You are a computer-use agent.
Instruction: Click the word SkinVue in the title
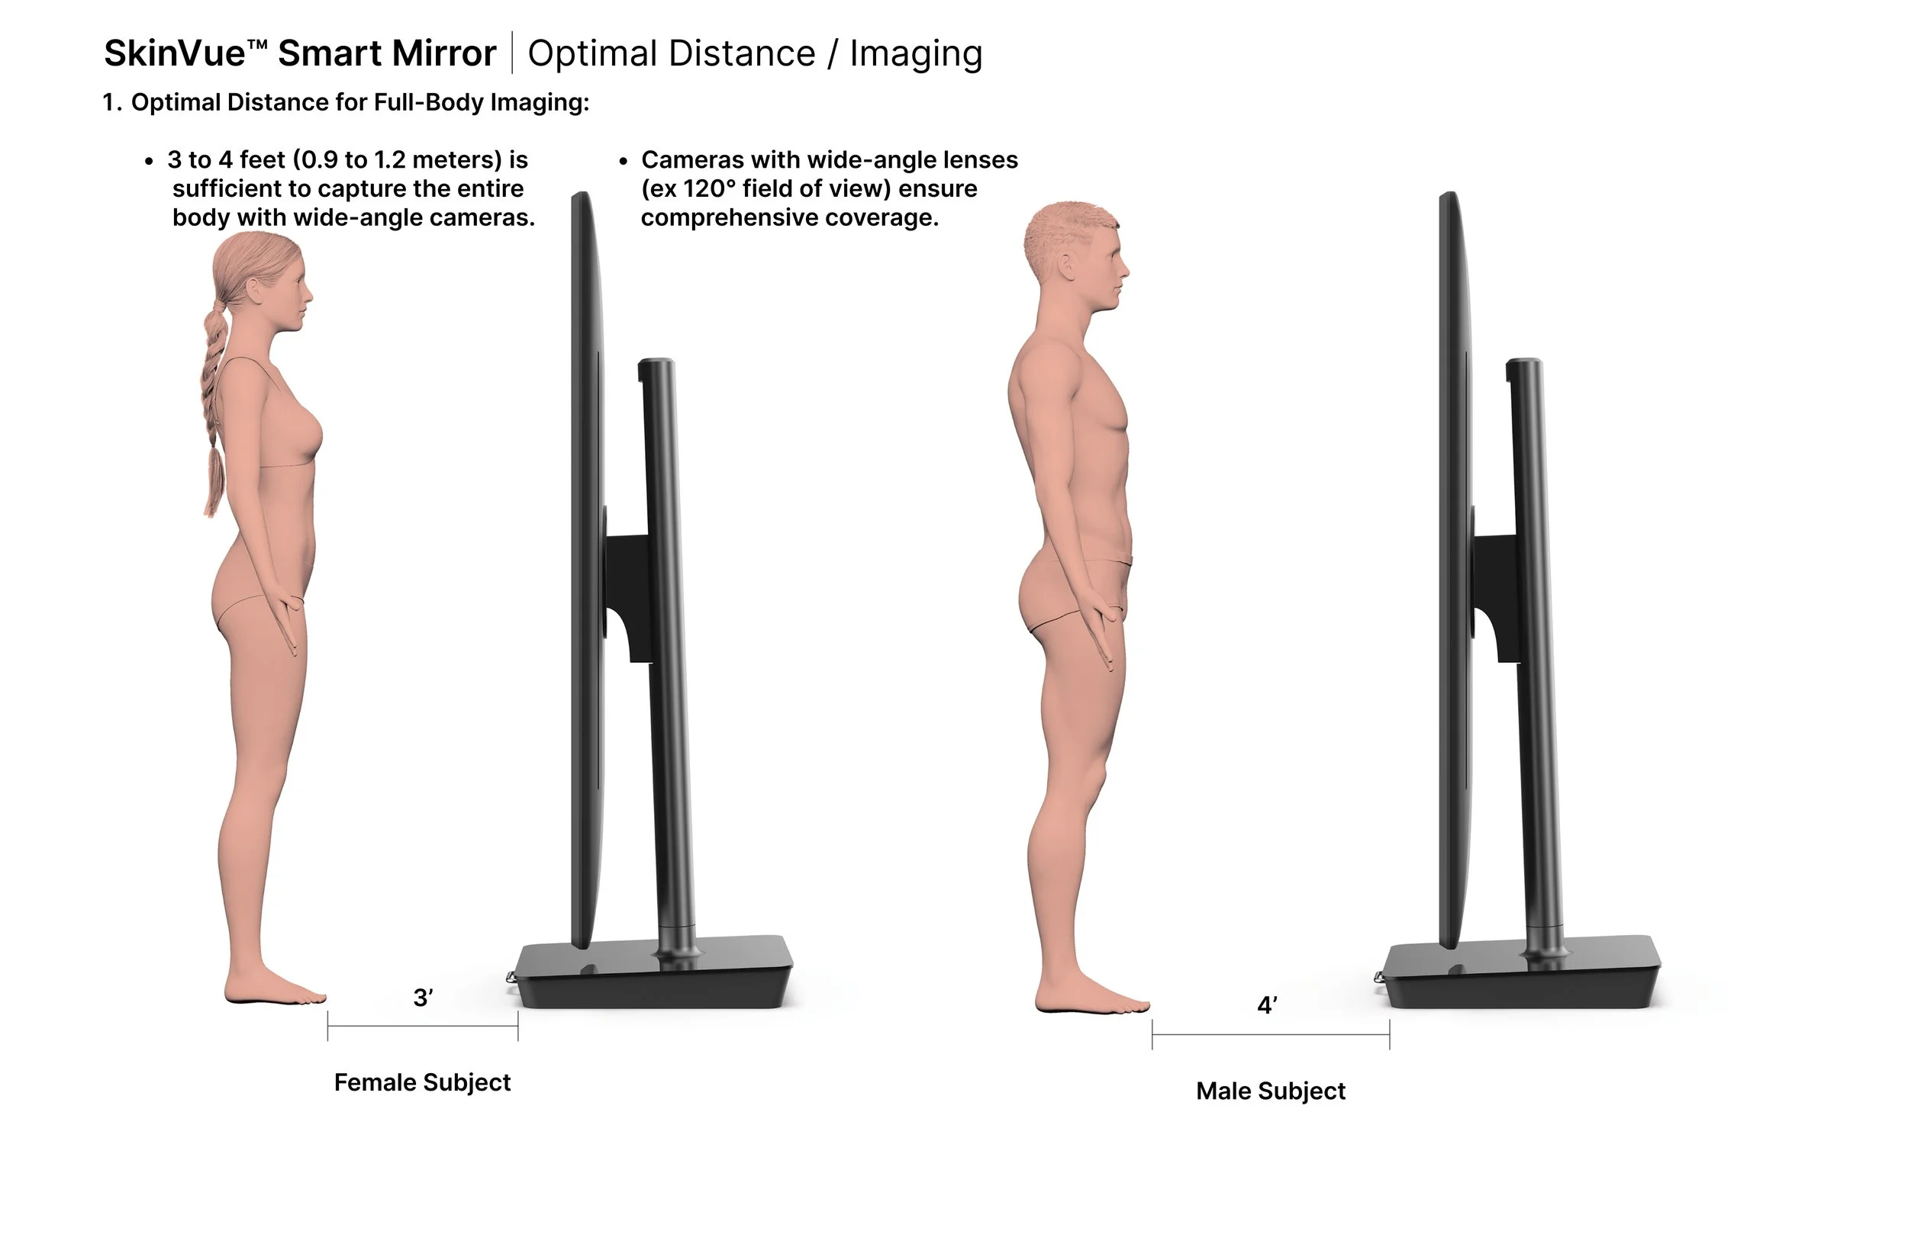(x=175, y=53)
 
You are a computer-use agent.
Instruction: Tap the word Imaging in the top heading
(x=916, y=53)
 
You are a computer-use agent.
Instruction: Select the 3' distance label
(x=423, y=998)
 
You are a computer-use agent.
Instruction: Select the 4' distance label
(x=1267, y=1006)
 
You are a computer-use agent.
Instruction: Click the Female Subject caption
(x=422, y=1082)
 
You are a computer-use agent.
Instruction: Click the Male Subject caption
(x=1270, y=1091)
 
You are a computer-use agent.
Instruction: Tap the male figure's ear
(x=1067, y=265)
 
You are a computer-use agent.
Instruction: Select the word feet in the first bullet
(x=262, y=160)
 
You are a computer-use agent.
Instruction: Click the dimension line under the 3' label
(x=423, y=1026)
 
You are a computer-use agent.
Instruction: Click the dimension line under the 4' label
(x=1270, y=1034)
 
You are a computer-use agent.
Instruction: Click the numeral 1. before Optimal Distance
(x=111, y=102)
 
